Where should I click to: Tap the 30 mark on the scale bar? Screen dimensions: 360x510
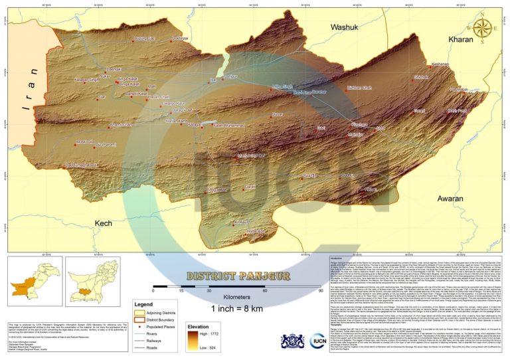click(x=191, y=290)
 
